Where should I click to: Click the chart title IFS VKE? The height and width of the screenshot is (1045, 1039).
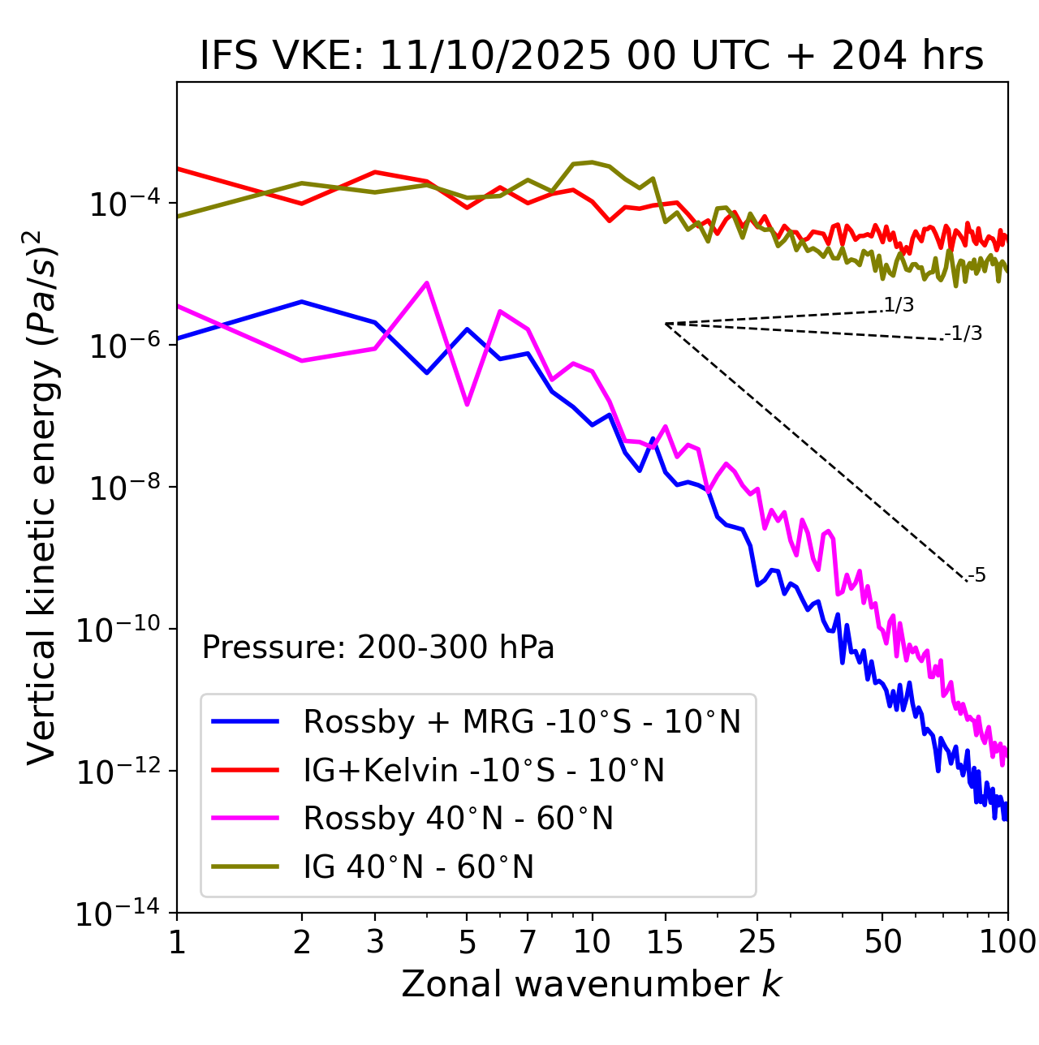[592, 57]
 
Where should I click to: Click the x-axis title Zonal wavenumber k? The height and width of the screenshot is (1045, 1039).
[592, 983]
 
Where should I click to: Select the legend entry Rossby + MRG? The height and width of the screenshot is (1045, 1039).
[521, 721]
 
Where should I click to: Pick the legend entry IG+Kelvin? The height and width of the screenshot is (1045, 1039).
[484, 770]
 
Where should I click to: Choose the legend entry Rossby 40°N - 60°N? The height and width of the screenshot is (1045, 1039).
[458, 819]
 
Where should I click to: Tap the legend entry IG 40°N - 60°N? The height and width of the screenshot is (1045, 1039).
[418, 867]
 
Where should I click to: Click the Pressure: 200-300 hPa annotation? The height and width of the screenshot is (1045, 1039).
[378, 647]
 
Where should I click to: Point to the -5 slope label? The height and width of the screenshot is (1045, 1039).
[977, 576]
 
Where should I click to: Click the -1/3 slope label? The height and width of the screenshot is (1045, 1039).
[964, 333]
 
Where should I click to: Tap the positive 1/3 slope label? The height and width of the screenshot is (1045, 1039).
[899, 305]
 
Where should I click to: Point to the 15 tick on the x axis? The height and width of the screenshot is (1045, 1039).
[665, 941]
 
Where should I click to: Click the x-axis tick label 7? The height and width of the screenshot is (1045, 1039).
[528, 941]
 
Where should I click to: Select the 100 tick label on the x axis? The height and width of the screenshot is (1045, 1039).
[1007, 941]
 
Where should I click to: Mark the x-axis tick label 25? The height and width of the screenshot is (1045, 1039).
[757, 941]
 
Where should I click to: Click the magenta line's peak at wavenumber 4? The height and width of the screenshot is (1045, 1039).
[427, 283]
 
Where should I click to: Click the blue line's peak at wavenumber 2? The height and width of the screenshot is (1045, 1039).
[302, 302]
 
